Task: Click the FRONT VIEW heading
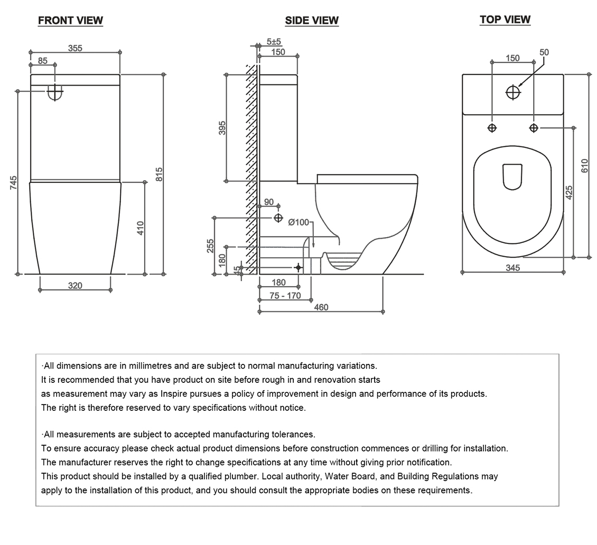coord(70,21)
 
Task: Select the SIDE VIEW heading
coord(312,21)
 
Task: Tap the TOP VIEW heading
coord(505,20)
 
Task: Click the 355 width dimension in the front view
coord(75,48)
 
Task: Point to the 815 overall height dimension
coord(159,174)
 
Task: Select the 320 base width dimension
coord(75,286)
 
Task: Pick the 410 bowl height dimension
coord(141,228)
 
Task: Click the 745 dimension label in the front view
coord(14,183)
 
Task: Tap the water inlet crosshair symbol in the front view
coord(55,92)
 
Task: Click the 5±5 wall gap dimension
coord(274,42)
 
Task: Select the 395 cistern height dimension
coord(222,128)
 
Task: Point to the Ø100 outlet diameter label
coord(298,222)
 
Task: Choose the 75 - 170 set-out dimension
coord(285,296)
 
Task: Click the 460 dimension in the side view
coord(321,307)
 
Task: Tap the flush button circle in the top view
coord(512,92)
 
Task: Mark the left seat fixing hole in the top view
coord(492,128)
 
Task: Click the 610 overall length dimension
coord(584,166)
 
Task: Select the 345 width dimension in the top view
coord(512,268)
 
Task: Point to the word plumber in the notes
coord(240,476)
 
